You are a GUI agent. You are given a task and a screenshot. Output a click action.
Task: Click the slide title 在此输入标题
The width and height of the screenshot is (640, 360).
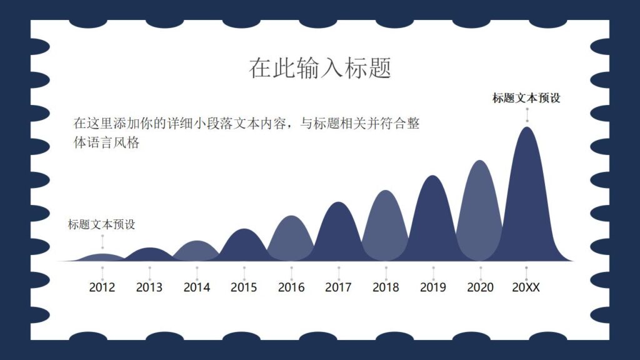click(320, 67)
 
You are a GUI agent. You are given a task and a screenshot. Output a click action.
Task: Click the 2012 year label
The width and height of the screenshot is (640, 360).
click(102, 287)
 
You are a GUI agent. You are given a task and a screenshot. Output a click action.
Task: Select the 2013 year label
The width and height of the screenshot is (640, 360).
click(149, 287)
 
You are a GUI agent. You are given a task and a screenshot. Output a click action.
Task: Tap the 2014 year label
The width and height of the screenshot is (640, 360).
click(197, 287)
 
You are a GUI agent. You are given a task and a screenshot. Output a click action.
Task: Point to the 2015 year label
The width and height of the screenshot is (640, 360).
click(244, 287)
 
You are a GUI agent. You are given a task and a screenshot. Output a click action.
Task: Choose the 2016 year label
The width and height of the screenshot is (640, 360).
click(291, 287)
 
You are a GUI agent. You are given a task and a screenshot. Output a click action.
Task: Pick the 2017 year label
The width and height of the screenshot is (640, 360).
click(338, 287)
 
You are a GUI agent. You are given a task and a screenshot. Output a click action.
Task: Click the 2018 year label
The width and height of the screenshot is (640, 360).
click(386, 287)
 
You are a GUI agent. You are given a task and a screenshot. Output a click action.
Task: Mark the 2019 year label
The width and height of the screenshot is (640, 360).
click(433, 287)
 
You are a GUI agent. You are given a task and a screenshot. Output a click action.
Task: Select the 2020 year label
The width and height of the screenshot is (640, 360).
click(480, 287)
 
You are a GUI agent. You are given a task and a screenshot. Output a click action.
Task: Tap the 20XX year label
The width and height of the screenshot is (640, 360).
click(526, 287)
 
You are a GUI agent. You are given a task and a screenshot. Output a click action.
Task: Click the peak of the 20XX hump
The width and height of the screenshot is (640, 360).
click(527, 129)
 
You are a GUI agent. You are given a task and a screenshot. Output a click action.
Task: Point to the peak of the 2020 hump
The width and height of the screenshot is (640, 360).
click(480, 162)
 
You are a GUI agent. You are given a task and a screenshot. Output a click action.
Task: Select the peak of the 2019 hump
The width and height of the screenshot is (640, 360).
click(433, 177)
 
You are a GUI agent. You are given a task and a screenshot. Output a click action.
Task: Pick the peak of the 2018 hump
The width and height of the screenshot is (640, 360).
click(386, 191)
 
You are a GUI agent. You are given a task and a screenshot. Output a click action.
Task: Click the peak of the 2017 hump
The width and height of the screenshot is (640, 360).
click(338, 204)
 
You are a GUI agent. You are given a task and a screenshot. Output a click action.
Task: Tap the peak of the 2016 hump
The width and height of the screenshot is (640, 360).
click(291, 217)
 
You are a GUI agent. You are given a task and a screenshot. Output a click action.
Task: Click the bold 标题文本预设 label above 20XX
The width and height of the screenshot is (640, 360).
click(526, 98)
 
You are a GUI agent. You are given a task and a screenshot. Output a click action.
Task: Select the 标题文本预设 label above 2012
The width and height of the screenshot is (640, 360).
click(102, 224)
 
